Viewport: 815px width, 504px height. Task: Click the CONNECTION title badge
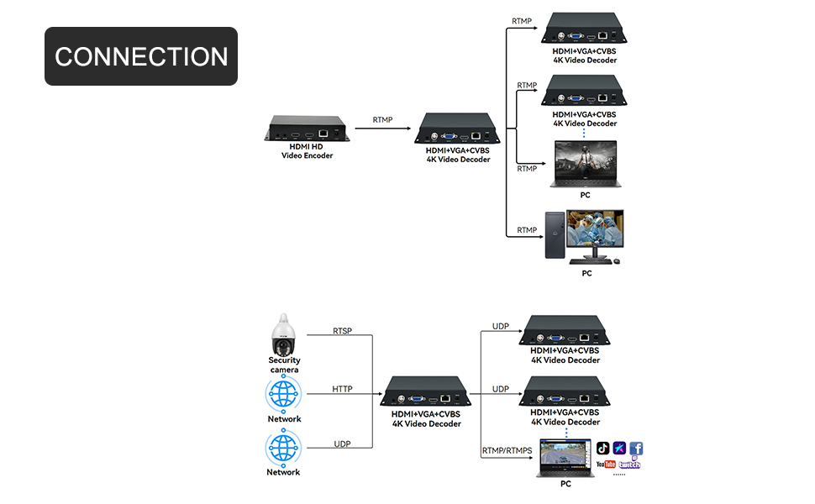141,56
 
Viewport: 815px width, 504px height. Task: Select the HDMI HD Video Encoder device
307,128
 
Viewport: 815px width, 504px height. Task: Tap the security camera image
284,336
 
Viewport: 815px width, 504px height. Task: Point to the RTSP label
342,331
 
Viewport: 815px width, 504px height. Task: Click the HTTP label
342,389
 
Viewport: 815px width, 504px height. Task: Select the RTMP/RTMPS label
507,451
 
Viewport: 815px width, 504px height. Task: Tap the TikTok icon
602,449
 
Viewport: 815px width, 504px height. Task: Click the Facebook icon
636,449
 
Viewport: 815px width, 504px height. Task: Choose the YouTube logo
606,465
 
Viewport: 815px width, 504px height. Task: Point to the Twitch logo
630,465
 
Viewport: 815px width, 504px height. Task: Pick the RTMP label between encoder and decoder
383,120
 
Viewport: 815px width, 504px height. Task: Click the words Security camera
284,365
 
